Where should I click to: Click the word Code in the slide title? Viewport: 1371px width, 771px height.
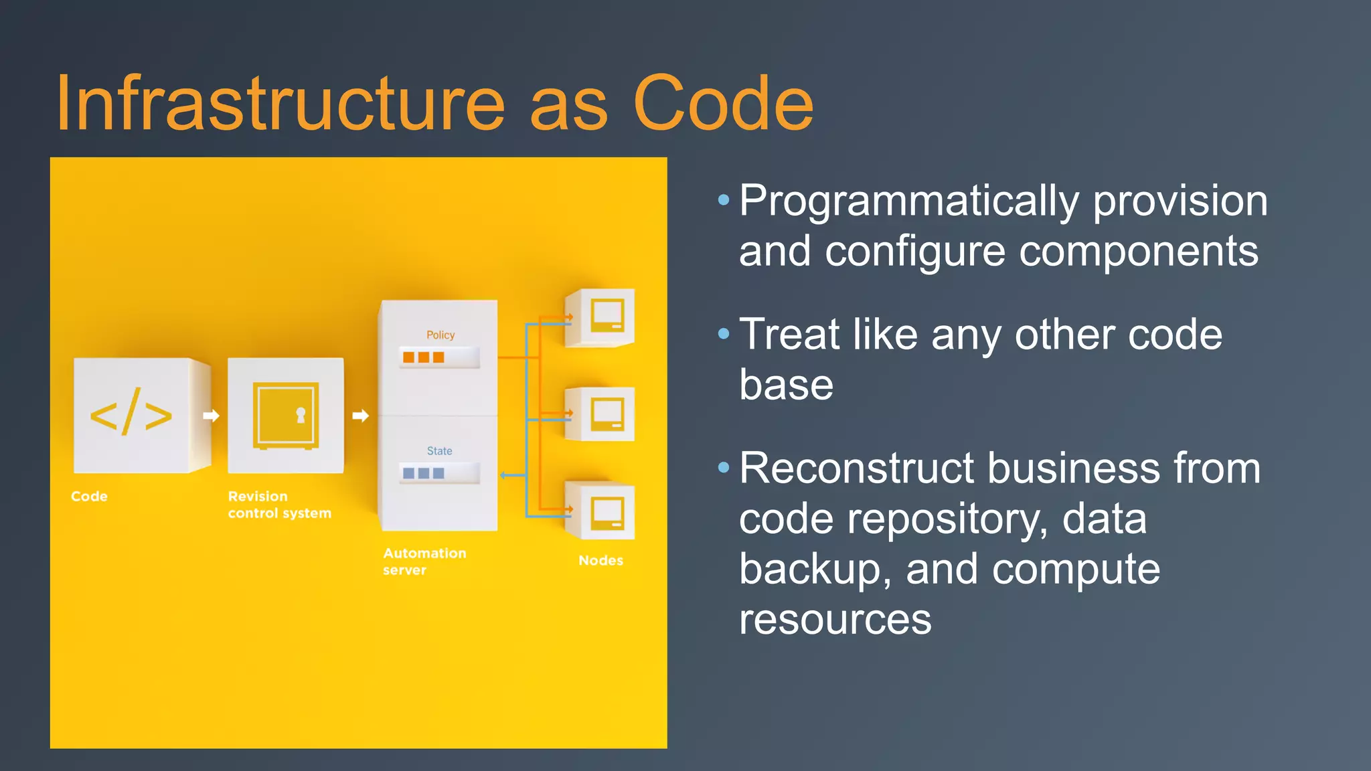tap(723, 104)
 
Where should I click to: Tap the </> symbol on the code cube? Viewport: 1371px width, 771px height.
tap(131, 416)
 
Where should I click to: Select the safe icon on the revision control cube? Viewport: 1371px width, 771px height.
tap(286, 416)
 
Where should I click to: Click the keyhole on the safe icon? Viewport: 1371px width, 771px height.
tap(301, 415)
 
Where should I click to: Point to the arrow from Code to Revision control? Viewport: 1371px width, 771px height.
tap(211, 416)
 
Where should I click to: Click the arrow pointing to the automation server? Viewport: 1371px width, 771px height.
tap(360, 416)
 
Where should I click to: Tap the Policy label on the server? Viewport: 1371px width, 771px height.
tap(440, 335)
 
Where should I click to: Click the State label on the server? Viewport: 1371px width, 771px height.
tap(440, 451)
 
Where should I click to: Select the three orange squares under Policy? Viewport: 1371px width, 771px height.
tap(424, 357)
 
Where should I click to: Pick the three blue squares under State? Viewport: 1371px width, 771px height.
tap(424, 473)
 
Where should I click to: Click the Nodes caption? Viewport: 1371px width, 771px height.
tap(600, 560)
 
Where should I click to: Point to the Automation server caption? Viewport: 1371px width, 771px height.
tap(424, 561)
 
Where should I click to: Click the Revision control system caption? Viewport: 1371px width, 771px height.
tap(279, 505)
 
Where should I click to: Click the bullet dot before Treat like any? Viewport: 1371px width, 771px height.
tap(723, 333)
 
